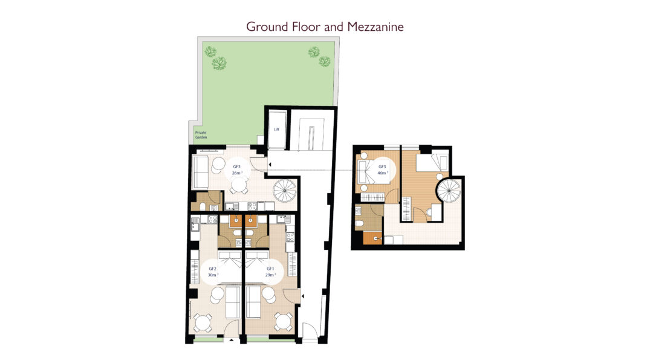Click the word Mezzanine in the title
(x=375, y=27)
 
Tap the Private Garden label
(x=201, y=135)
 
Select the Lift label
(x=276, y=129)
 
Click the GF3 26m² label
(x=236, y=170)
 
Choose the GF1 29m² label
(x=270, y=272)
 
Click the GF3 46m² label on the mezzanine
(x=382, y=170)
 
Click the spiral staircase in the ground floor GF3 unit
(x=284, y=191)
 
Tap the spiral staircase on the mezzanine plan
(x=449, y=191)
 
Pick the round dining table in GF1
(x=284, y=321)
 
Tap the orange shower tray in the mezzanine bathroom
(x=372, y=238)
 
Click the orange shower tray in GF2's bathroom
(x=235, y=220)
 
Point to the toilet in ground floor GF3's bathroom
(x=202, y=206)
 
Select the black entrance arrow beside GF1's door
(x=303, y=296)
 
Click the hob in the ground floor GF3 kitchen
(x=252, y=206)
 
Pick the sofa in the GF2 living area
(x=232, y=303)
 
